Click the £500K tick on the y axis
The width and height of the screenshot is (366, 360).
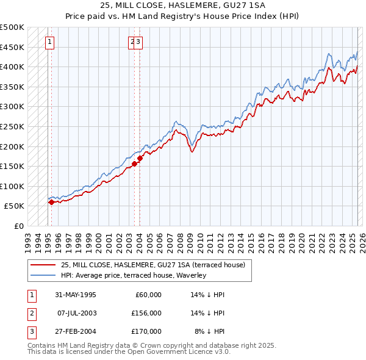[12, 27]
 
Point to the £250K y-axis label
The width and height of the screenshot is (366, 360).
[12, 126]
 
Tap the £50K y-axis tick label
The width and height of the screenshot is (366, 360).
[15, 206]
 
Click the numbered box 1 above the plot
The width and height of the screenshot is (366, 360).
[49, 42]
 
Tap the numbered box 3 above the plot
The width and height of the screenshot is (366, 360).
[139, 42]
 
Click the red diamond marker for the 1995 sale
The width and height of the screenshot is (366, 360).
[51, 202]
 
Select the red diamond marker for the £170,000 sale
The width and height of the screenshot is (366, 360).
[140, 159]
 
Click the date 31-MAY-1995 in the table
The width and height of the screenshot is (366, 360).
[76, 295]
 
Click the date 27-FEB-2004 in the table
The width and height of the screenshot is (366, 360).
[76, 331]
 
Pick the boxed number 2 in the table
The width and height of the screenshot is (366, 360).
[31, 313]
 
